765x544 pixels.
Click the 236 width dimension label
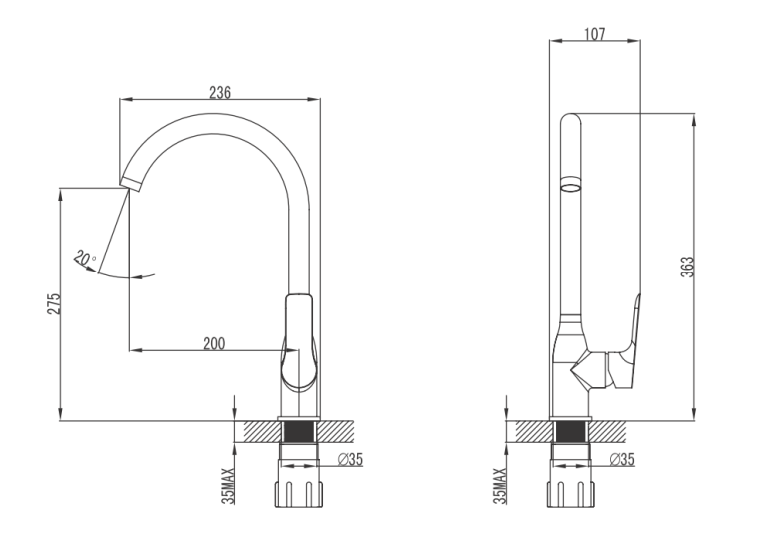(x=220, y=92)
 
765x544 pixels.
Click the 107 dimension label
(x=595, y=34)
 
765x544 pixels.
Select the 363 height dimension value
(x=687, y=268)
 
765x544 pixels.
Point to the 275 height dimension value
(x=54, y=303)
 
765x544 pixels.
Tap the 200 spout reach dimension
(x=214, y=343)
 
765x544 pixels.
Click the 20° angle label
(x=85, y=258)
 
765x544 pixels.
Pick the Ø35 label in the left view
(x=350, y=459)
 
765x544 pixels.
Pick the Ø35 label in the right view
(x=622, y=459)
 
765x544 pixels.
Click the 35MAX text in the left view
(x=228, y=485)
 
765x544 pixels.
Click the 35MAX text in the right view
(x=500, y=485)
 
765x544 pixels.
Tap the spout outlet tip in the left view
(x=130, y=185)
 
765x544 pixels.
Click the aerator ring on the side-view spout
(x=571, y=185)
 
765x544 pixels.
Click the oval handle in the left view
(x=298, y=342)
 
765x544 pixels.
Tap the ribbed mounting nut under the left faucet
(x=299, y=494)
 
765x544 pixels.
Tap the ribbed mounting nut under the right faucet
(x=571, y=494)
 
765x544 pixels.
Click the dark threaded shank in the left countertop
(x=299, y=432)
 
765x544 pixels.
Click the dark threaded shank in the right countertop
(x=571, y=432)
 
